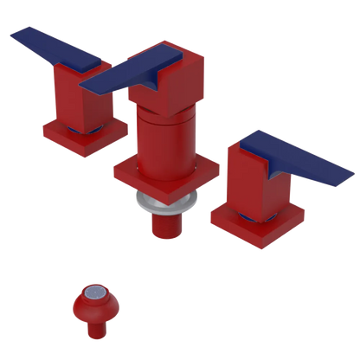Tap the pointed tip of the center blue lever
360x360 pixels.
click(x=87, y=86)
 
